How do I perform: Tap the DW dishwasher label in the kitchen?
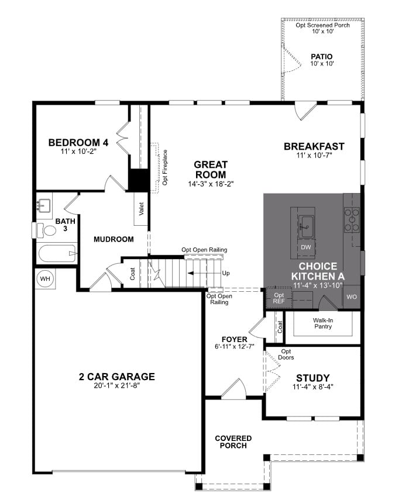(x=305, y=247)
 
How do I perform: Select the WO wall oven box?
(x=352, y=297)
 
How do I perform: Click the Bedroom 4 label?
(x=78, y=143)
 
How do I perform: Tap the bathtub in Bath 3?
(x=57, y=254)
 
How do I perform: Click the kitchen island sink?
(x=306, y=222)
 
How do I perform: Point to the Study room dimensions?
(x=312, y=387)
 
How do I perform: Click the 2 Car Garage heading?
(x=117, y=377)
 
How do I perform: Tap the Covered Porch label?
(x=233, y=442)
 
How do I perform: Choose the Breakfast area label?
(x=314, y=146)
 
